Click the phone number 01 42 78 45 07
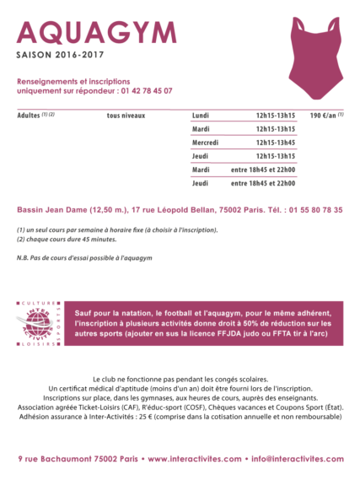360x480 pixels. [x=137, y=90]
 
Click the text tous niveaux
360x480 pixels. [x=126, y=115]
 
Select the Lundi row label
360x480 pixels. [x=201, y=115]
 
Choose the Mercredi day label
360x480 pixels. [x=206, y=142]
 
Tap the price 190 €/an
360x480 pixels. [x=325, y=115]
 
